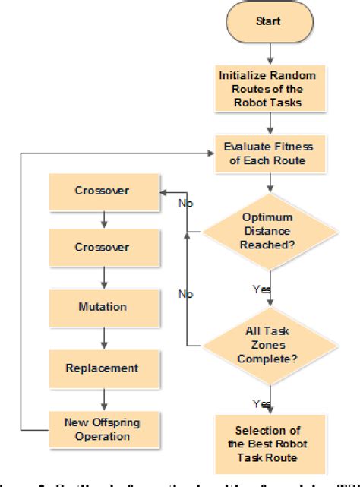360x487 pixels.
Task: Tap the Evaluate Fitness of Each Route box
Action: click(x=267, y=154)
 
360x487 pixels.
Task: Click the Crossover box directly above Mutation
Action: click(x=102, y=248)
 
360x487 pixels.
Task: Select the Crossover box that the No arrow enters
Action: click(x=102, y=191)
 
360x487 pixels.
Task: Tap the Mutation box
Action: click(x=102, y=308)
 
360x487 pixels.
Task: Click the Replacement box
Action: click(x=102, y=368)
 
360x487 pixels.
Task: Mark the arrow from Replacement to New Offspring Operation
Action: click(x=102, y=397)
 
